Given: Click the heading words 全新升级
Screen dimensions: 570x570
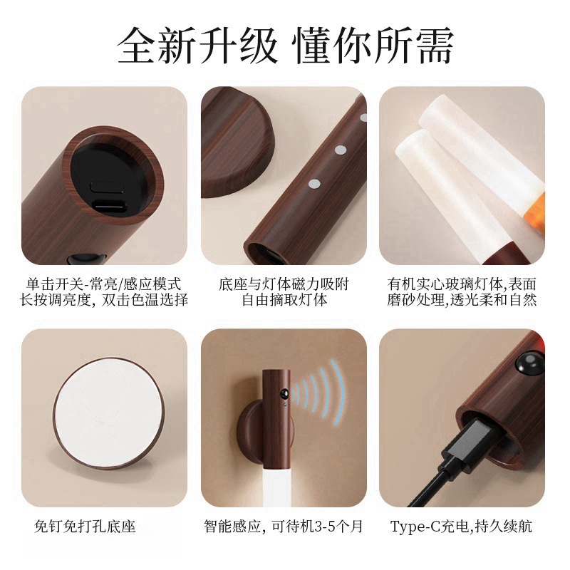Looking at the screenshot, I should click(197, 46).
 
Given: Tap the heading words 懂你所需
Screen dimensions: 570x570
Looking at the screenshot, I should click(374, 46).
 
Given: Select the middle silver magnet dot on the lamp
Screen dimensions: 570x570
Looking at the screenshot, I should click(341, 150).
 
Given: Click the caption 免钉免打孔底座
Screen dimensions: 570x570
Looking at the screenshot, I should click(85, 527).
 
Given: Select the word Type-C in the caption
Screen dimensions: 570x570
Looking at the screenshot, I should click(415, 527).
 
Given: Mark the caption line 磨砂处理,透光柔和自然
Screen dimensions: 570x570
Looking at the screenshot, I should click(462, 300).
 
